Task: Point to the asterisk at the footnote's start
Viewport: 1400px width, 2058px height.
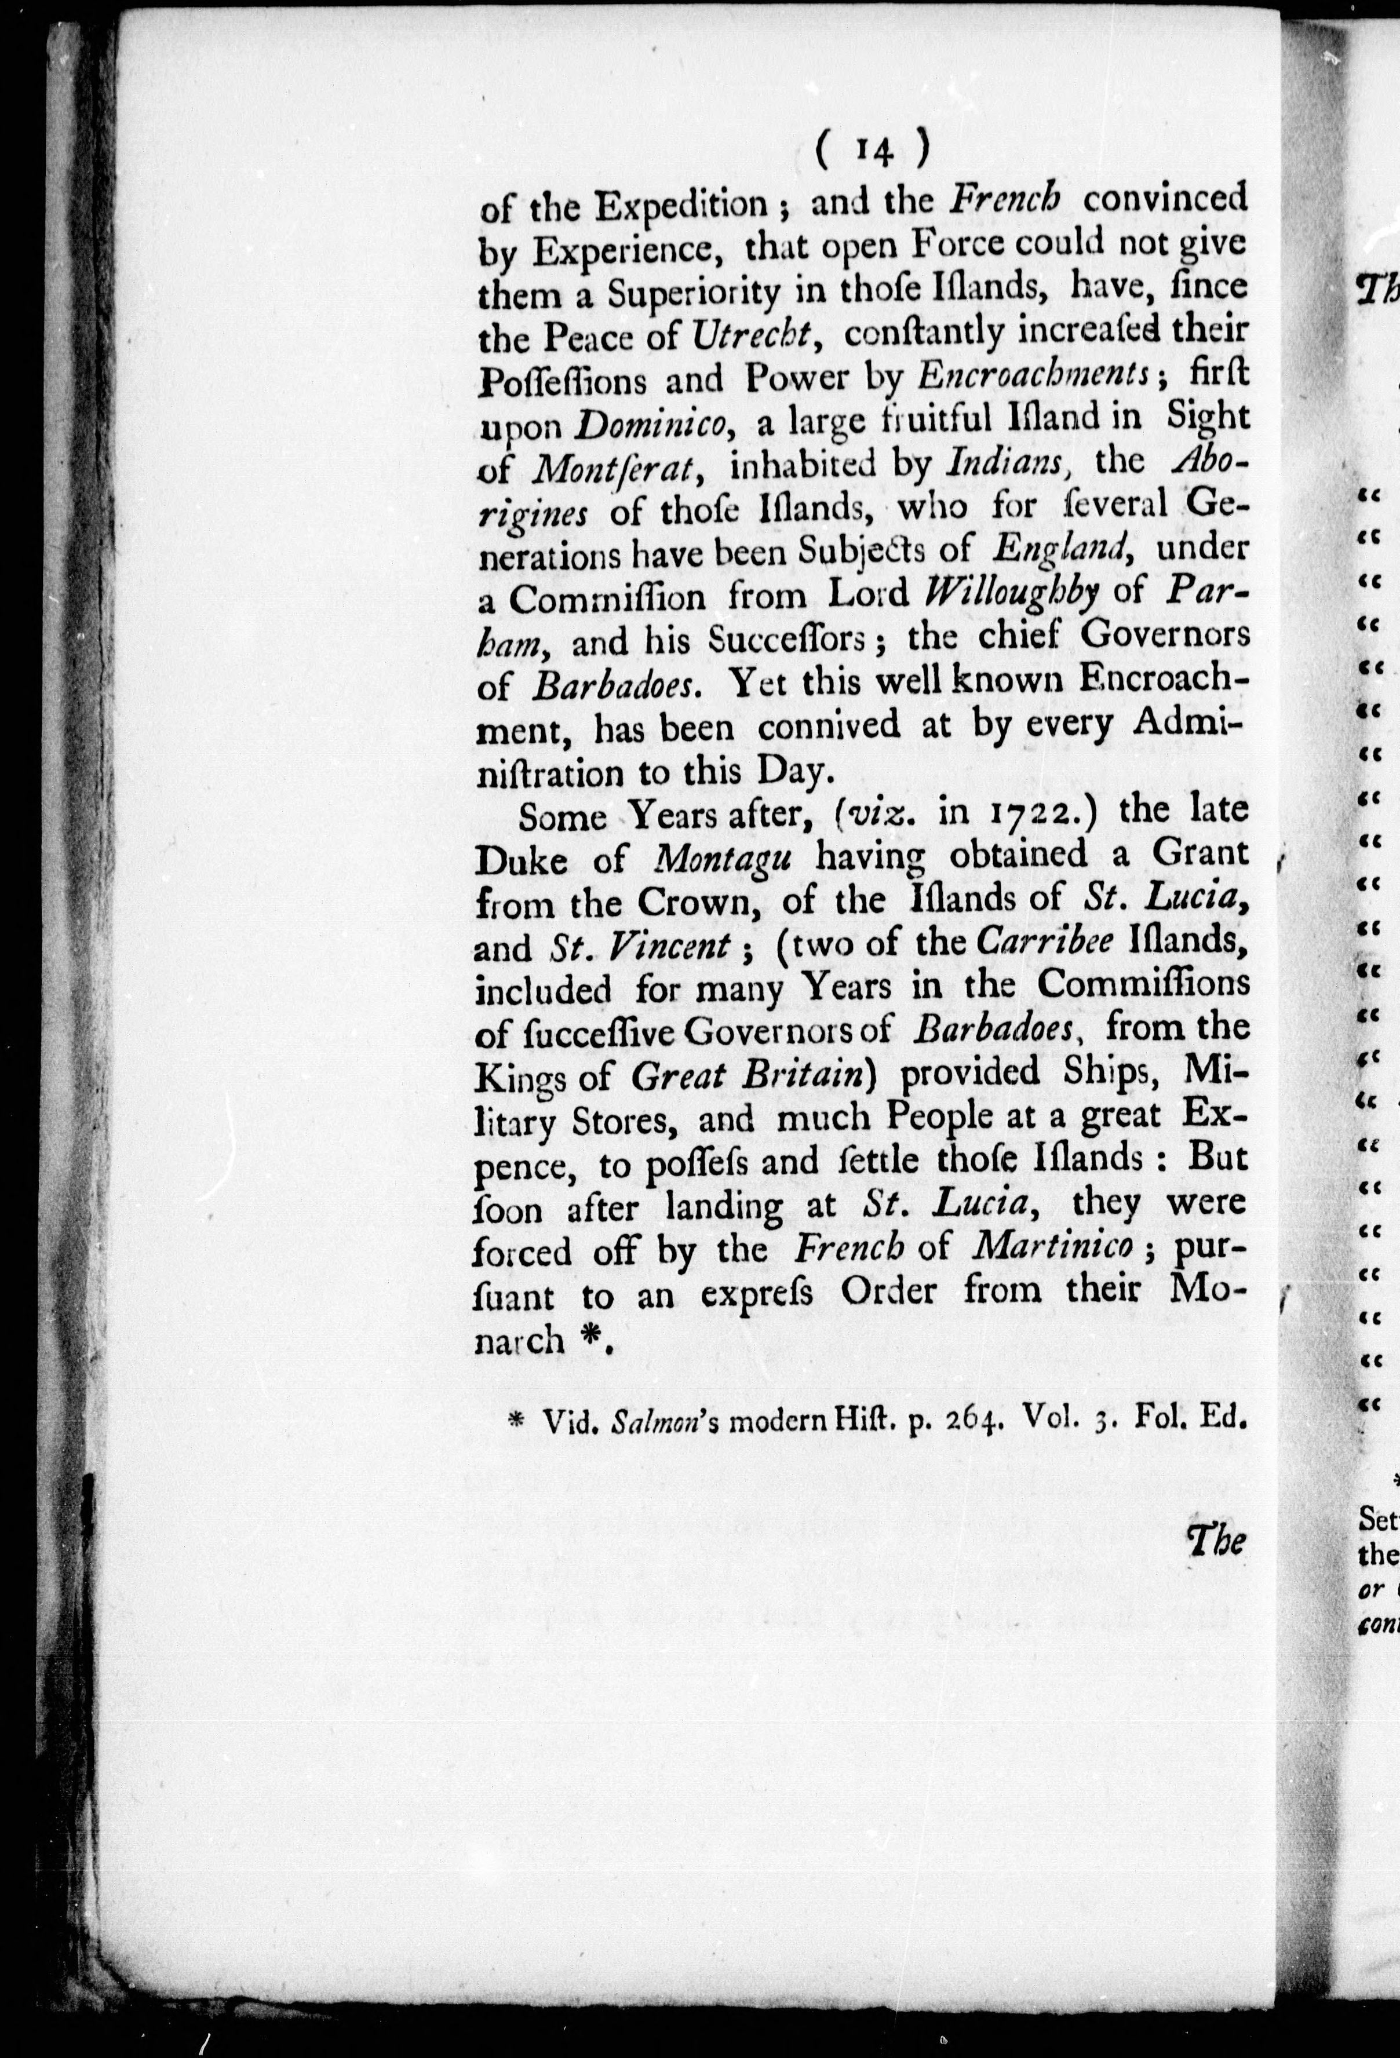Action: pos(515,1421)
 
